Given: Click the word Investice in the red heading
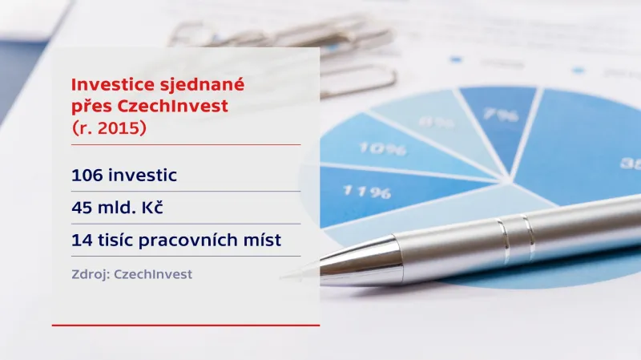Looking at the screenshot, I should [105, 84].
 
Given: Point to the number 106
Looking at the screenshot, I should [87, 174].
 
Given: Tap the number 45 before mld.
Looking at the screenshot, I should [82, 207].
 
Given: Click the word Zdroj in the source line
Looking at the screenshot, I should [91, 274].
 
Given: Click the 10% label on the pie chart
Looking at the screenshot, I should [382, 148].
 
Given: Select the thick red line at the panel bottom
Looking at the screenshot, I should [185, 326].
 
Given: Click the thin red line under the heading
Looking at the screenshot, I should [185, 145].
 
